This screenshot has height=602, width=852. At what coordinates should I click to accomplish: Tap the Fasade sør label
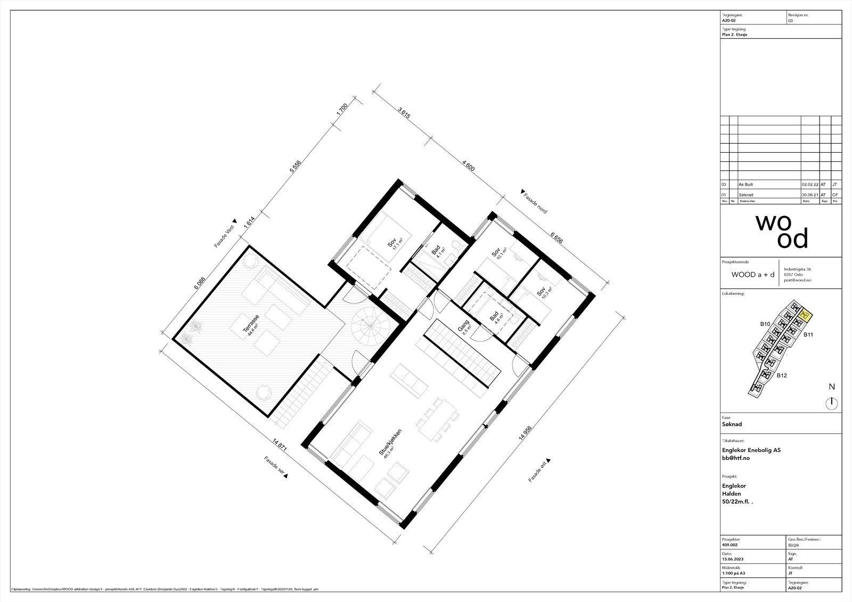click(275, 467)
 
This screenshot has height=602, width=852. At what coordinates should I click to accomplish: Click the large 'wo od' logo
click(781, 231)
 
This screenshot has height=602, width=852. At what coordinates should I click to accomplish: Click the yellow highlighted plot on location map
click(806, 316)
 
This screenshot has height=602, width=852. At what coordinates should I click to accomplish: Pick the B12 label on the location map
click(781, 376)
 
